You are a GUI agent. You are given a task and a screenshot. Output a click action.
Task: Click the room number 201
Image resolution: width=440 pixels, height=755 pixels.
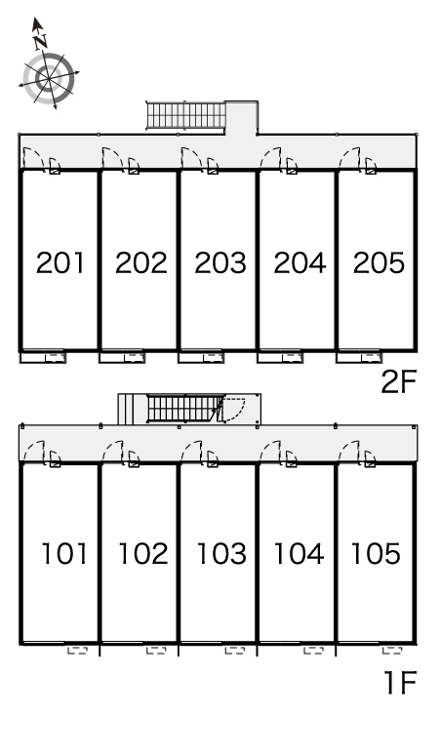pyautogui.click(x=60, y=263)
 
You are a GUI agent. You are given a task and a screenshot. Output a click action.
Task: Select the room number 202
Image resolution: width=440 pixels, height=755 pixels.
pyautogui.click(x=141, y=263)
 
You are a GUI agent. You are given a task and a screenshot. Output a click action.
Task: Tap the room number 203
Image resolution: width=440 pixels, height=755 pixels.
pyautogui.click(x=220, y=263)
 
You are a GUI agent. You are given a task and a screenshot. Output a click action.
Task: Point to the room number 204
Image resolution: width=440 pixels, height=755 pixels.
pyautogui.click(x=300, y=263)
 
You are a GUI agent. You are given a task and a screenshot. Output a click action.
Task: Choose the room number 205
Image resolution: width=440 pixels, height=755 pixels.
pyautogui.click(x=379, y=263)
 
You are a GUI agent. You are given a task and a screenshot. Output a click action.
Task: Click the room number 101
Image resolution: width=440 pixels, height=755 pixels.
pyautogui.click(x=64, y=553)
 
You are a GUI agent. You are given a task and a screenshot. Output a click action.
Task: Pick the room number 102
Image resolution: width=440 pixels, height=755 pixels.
pyautogui.click(x=143, y=553)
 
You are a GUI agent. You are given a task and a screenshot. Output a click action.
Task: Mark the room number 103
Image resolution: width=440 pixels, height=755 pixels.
pyautogui.click(x=221, y=553)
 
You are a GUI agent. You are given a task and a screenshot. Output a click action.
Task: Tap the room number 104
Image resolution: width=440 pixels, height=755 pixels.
pyautogui.click(x=299, y=553)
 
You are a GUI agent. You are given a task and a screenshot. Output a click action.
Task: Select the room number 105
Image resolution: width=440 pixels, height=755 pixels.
pyautogui.click(x=376, y=553)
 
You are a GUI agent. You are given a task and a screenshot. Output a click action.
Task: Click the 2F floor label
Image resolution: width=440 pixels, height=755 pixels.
pyautogui.click(x=398, y=382)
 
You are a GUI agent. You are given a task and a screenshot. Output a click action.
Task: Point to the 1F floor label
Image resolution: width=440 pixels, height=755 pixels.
pyautogui.click(x=401, y=683)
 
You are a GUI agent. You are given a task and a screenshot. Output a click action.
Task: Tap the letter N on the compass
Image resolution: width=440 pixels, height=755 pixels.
pyautogui.click(x=41, y=42)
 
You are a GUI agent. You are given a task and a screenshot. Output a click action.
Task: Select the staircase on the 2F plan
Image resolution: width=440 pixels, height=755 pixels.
pyautogui.click(x=185, y=115)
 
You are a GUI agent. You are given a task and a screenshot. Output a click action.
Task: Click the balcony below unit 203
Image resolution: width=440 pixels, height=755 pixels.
pyautogui.click(x=201, y=357)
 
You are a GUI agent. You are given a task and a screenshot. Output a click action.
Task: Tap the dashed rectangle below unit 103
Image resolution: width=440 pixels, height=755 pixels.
pyautogui.click(x=235, y=651)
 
